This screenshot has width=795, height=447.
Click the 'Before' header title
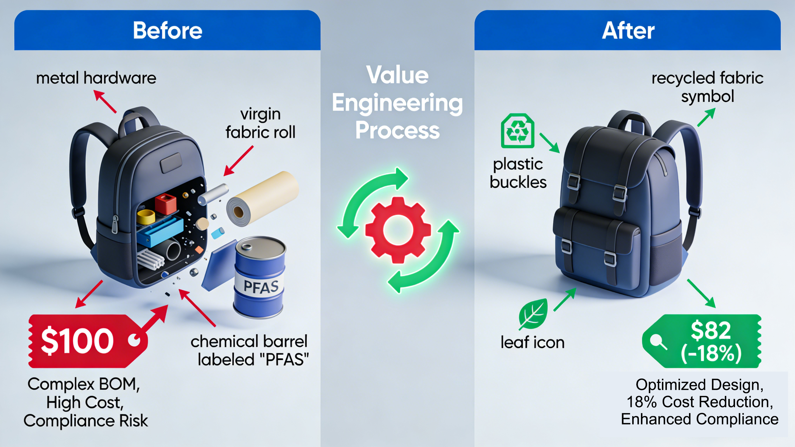[167, 31]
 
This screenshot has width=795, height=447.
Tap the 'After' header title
[628, 31]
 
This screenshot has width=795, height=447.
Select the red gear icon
[398, 230]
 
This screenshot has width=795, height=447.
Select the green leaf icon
[533, 313]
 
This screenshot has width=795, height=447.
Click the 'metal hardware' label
[96, 78]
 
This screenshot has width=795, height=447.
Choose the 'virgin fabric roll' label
[260, 123]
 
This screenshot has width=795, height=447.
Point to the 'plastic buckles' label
[518, 173]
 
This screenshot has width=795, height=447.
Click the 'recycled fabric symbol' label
[707, 87]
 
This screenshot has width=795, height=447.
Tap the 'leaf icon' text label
[532, 342]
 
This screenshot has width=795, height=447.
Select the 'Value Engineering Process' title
[397, 103]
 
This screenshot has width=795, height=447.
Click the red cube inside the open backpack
[166, 204]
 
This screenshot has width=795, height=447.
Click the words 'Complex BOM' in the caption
[83, 384]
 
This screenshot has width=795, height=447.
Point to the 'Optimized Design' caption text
[699, 385]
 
